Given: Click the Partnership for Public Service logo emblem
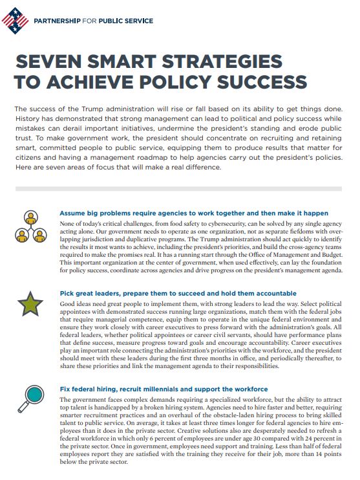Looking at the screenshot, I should [x=15, y=21].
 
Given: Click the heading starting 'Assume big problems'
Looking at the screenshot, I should [x=193, y=213].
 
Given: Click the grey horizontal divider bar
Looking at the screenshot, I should [x=180, y=188].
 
